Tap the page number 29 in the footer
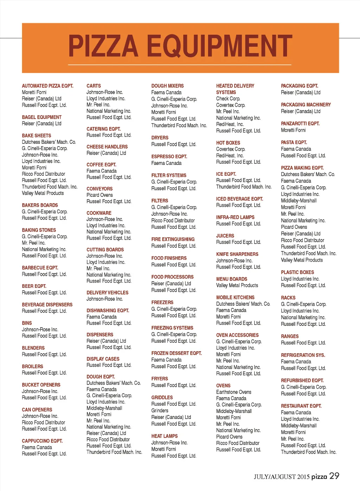334,476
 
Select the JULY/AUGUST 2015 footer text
282,477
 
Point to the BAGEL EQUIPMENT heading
41,117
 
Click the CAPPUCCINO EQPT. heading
42,441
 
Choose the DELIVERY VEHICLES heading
107,293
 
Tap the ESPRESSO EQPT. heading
169,157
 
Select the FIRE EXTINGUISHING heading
173,239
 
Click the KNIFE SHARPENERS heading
237,254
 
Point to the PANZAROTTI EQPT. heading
300,124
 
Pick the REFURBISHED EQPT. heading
302,381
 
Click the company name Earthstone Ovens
233,392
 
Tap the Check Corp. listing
228,99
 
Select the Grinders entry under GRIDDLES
160,411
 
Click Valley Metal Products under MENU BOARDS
237,285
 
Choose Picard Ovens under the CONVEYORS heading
99,195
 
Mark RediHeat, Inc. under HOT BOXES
230,156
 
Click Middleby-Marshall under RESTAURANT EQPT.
298,426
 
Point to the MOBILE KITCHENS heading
235,298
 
